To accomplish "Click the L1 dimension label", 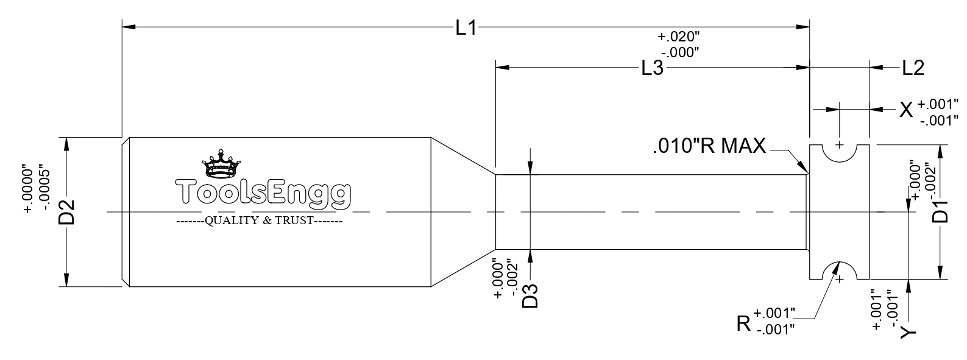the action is (466, 28).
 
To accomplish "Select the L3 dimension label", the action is (653, 68).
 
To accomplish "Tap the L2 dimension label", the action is (913, 68).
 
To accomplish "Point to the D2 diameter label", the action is (67, 212).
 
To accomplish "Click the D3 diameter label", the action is (531, 295).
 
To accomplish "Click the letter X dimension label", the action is (906, 110).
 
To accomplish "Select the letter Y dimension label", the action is (908, 332).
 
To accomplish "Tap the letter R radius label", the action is (743, 323).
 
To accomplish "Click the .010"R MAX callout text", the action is (709, 146).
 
